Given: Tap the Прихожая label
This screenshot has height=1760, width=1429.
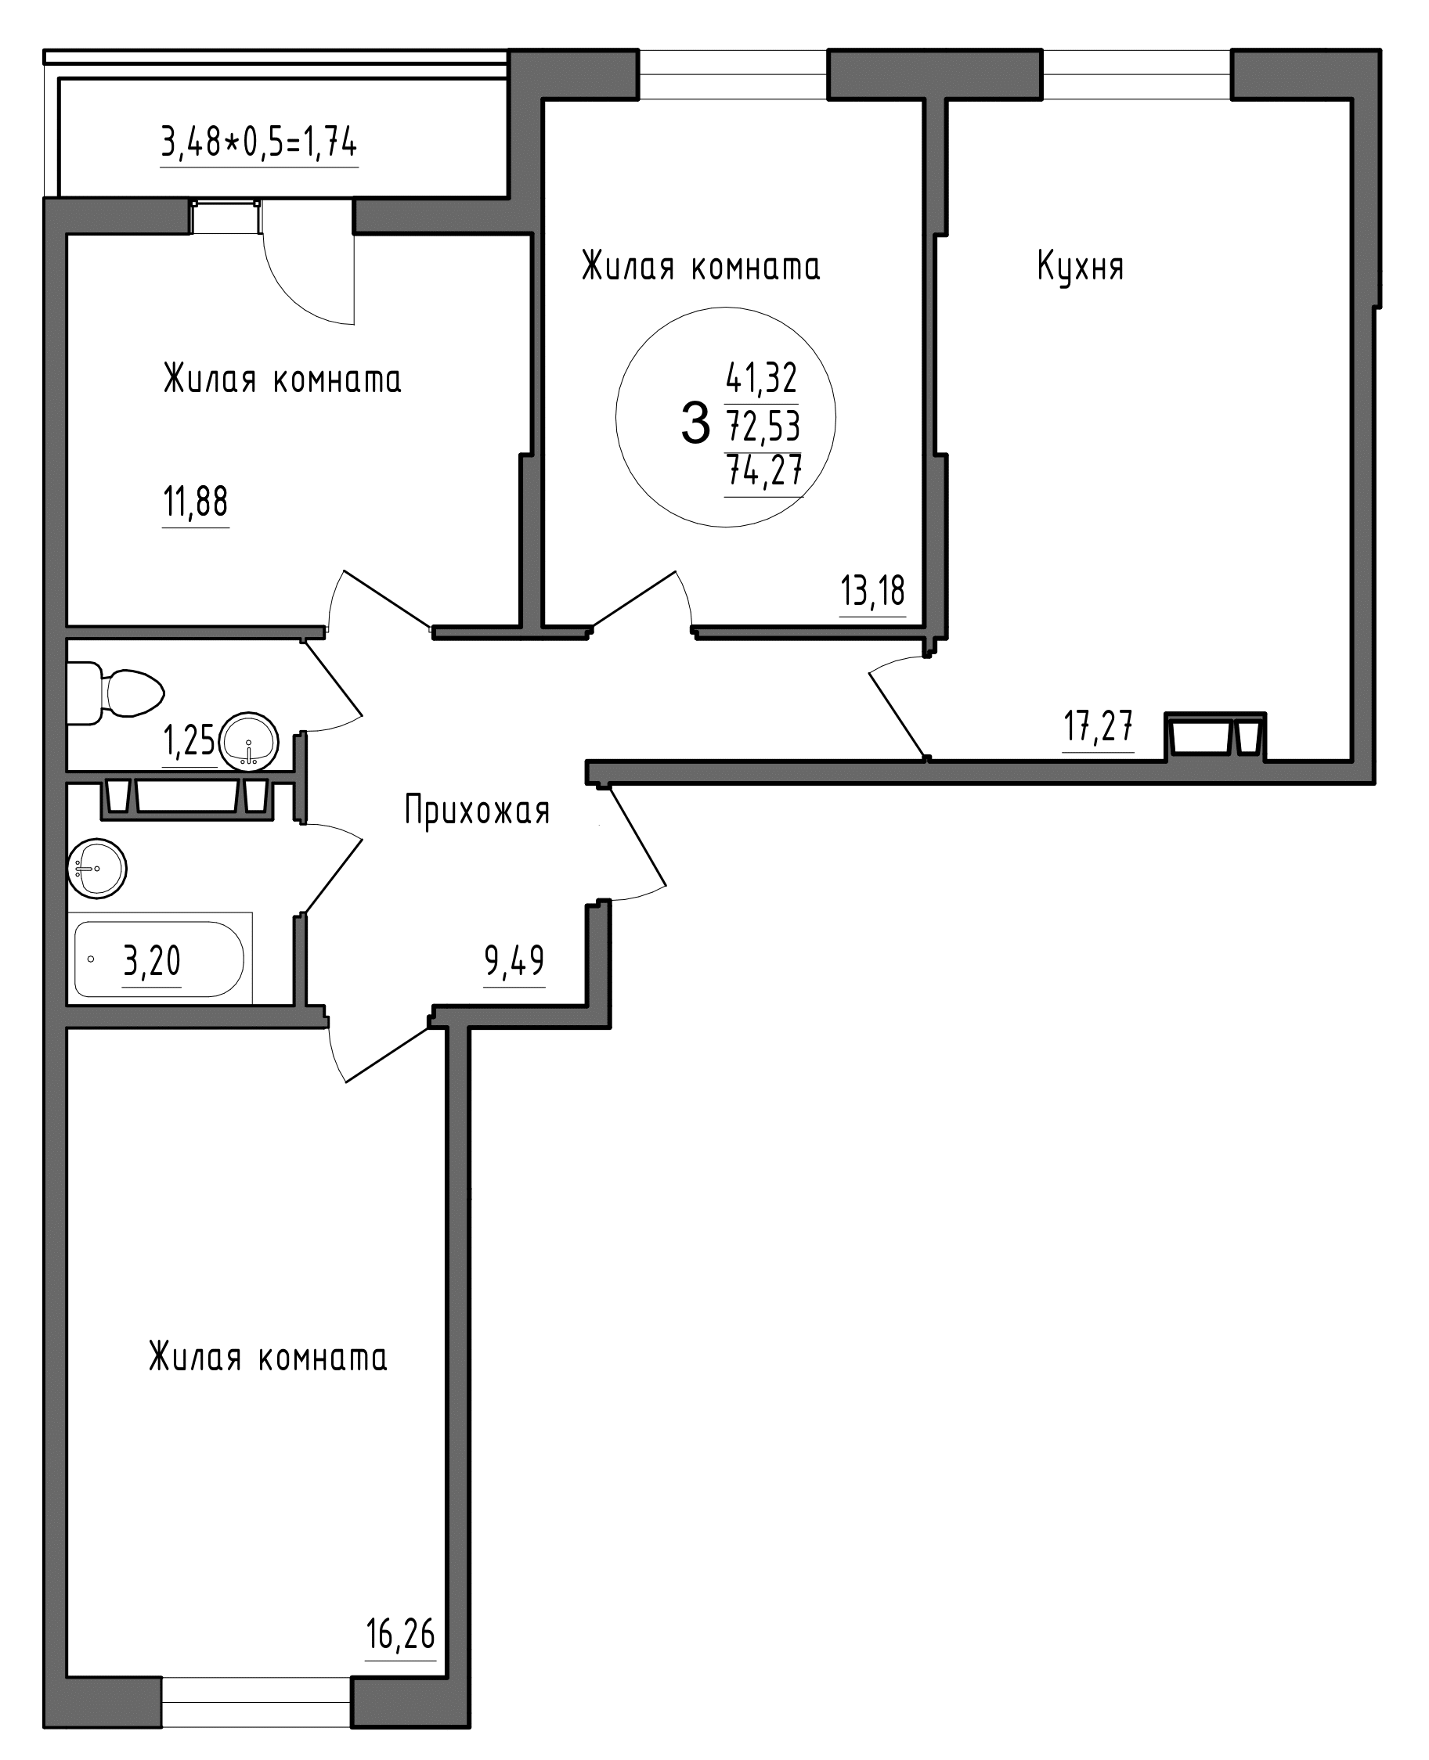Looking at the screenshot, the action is tap(477, 812).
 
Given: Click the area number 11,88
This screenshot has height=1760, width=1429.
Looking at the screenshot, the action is tap(196, 501).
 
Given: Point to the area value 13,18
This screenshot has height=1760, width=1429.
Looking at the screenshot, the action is tap(872, 591).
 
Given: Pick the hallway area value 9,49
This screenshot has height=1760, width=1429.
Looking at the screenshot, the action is tap(514, 960).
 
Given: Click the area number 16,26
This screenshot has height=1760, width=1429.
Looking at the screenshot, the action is tap(400, 1633).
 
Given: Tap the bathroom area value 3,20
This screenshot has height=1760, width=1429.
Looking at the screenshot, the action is tap(152, 960).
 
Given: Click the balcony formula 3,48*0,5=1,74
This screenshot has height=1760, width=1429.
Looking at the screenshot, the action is tap(259, 143).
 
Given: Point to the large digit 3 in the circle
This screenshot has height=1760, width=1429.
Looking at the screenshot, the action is tap(695, 423).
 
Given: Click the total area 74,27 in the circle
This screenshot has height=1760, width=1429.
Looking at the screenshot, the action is tap(763, 471).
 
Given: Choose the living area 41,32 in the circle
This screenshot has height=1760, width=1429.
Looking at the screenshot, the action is tap(761, 378).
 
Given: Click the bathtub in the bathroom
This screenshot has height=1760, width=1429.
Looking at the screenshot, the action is tap(159, 959).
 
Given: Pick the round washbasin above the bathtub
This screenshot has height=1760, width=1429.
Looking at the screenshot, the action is tap(97, 869).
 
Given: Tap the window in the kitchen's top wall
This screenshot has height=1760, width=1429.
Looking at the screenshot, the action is tap(1137, 74).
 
